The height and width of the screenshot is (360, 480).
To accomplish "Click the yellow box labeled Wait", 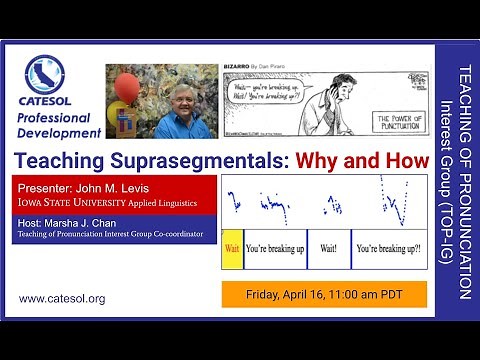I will (231, 248).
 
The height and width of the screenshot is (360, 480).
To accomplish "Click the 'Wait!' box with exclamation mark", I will (329, 248).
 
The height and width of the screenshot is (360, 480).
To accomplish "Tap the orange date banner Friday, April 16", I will (324, 294).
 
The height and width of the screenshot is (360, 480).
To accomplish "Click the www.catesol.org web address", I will (62, 298).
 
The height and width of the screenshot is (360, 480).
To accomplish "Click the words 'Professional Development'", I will (59, 125).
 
